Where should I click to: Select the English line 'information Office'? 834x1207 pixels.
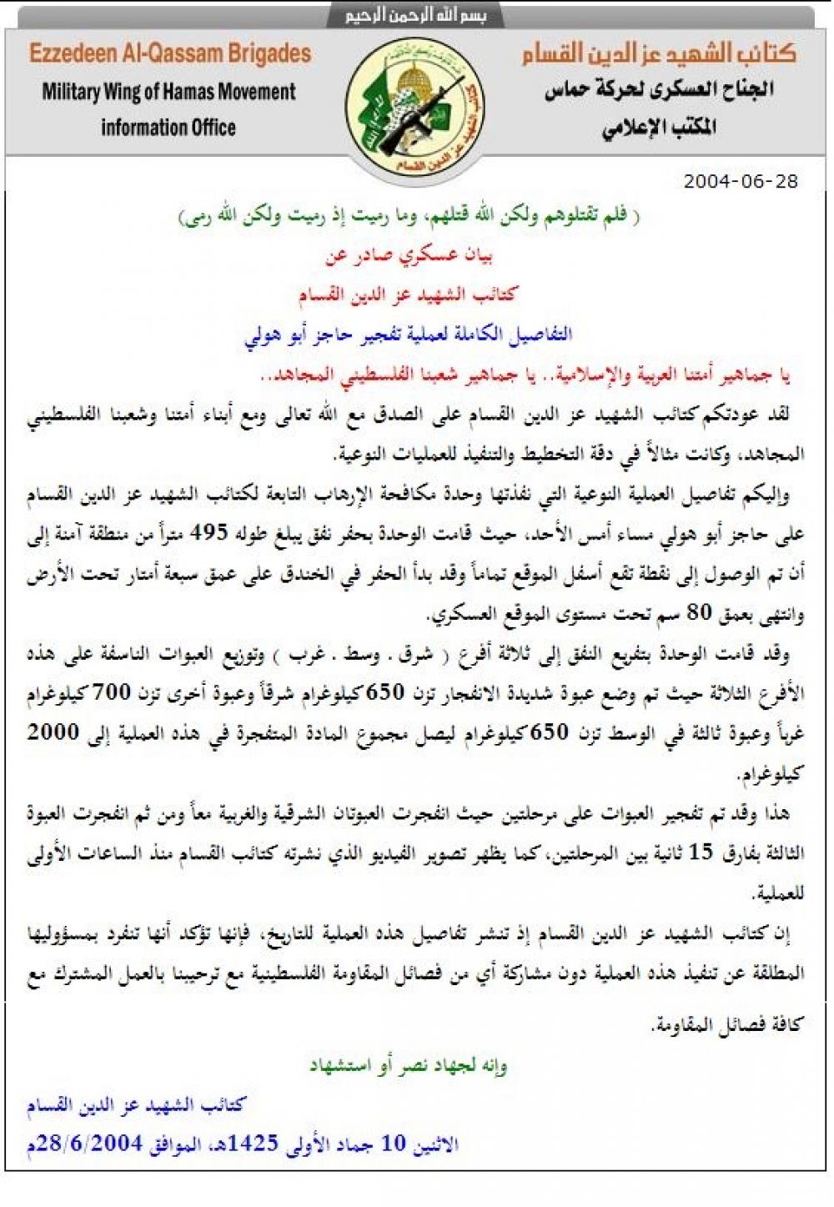pyautogui.click(x=168, y=128)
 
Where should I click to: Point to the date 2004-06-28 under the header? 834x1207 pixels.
pyautogui.click(x=741, y=181)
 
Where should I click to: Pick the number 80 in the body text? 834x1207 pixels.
pyautogui.click(x=697, y=613)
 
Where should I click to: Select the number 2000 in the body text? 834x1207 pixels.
pyautogui.click(x=55, y=732)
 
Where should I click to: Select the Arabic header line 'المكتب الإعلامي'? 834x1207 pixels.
pyautogui.click(x=659, y=128)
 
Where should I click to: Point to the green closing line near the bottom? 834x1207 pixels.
pyautogui.click(x=408, y=1065)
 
